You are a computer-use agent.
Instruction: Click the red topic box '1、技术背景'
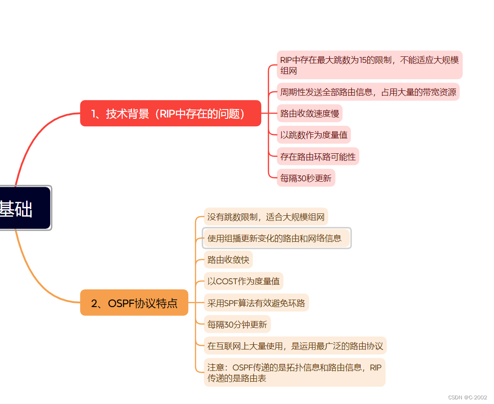click(170, 113)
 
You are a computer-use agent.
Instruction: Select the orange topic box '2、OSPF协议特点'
click(134, 303)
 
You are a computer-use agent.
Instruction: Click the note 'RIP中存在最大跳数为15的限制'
click(369, 65)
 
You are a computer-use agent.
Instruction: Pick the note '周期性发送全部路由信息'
click(368, 92)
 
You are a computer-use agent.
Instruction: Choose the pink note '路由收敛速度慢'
click(310, 113)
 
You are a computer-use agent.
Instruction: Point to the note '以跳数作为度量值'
click(313, 135)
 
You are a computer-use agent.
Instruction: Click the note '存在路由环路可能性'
click(318, 157)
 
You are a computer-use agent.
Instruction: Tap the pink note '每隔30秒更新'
click(306, 178)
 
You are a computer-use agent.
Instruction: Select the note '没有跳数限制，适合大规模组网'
click(266, 217)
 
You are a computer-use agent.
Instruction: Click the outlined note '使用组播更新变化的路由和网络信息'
click(277, 239)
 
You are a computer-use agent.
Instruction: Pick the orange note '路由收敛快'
click(228, 260)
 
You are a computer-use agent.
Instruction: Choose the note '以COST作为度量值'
click(244, 281)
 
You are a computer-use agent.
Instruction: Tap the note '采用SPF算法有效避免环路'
click(256, 303)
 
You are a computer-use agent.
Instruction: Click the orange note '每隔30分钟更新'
click(237, 324)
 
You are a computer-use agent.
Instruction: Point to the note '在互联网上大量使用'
click(295, 346)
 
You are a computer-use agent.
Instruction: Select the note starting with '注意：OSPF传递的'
click(294, 372)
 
